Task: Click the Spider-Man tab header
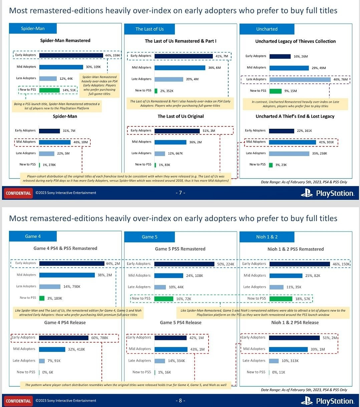(33, 29)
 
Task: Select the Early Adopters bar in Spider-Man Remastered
(71, 55)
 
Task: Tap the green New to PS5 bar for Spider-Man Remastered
(49, 90)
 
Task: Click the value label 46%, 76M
(340, 79)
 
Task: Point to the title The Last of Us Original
(181, 116)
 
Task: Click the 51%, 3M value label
(209, 131)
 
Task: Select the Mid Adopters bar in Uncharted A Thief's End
(292, 142)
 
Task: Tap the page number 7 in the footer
(180, 193)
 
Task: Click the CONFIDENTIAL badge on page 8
(18, 401)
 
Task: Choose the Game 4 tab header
(33, 237)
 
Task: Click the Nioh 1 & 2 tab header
(267, 237)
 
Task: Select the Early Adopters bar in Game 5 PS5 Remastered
(184, 264)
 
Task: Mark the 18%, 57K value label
(303, 299)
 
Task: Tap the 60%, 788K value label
(99, 338)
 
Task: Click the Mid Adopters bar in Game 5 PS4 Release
(171, 349)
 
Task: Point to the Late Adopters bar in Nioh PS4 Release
(274, 361)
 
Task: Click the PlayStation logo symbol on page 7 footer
(307, 193)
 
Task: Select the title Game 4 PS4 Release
(65, 323)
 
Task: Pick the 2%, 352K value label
(167, 91)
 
